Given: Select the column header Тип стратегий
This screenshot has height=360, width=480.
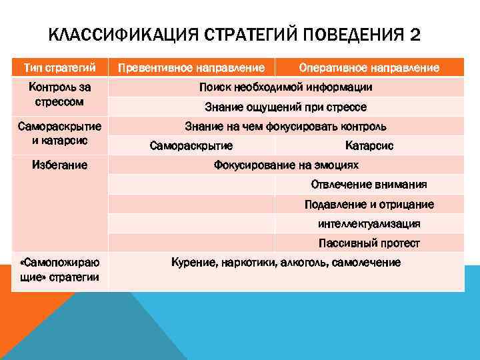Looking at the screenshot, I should pos(60,67).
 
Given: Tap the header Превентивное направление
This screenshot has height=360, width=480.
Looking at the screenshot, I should pos(195,67).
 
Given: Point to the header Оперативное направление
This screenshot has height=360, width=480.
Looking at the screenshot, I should pos(369,67).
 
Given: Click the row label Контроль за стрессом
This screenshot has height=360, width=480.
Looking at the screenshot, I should pos(60,95).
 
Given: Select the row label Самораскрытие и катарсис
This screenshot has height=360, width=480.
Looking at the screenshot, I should pos(60,133).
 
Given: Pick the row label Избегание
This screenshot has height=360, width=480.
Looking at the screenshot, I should pos(60,165).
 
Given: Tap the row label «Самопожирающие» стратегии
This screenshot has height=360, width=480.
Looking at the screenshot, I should pos(60,269).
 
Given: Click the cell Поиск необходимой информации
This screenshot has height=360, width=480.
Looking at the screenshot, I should pos(285,87).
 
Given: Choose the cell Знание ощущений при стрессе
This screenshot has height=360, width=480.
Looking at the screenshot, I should pos(285,107).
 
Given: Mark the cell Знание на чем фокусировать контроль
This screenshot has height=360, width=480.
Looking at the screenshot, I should pos(285,126).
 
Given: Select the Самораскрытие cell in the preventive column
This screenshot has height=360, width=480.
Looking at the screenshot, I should pos(191,145).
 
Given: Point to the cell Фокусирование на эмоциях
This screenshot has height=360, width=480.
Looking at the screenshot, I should pos(285,165).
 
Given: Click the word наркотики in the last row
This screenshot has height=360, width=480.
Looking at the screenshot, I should pos(249,263).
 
